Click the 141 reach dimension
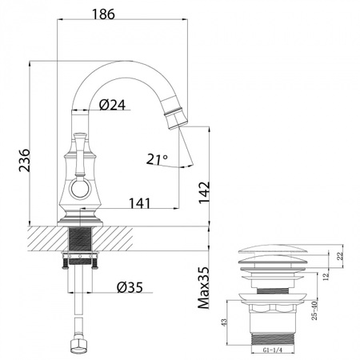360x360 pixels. pos(140,203)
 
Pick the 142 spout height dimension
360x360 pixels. pos(206,193)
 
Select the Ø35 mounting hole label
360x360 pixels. pos(130,286)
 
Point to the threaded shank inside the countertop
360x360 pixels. pos(80,239)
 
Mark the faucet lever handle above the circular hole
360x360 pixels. pos(80,153)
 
